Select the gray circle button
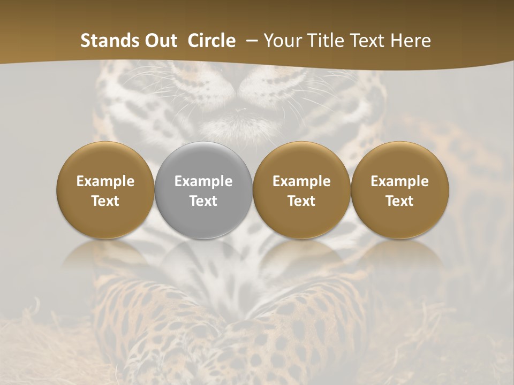(x=203, y=190)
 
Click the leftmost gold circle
(x=105, y=190)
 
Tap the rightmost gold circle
(x=399, y=190)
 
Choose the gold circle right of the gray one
(x=301, y=190)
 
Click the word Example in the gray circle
(x=203, y=181)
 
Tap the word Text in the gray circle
(x=203, y=201)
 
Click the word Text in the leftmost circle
(x=105, y=201)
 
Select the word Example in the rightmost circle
(x=399, y=181)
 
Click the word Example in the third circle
(x=301, y=181)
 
